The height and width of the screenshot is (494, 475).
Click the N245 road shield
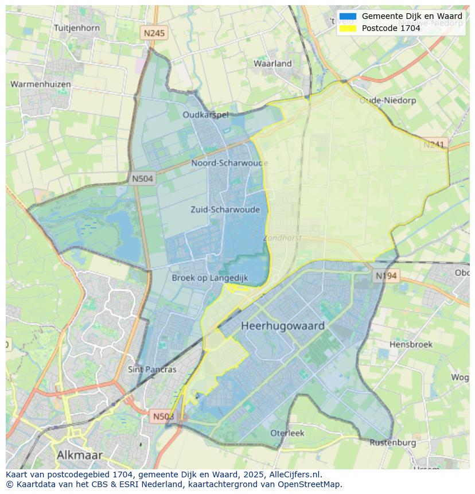(x=154, y=33)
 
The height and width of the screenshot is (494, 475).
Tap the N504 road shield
(x=142, y=178)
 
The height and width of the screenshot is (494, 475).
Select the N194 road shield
(x=386, y=276)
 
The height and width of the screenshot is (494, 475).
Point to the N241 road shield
(x=434, y=145)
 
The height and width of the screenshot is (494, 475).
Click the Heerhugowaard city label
(x=283, y=326)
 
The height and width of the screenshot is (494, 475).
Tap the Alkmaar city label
(x=80, y=455)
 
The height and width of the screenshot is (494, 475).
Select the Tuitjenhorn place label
(x=76, y=28)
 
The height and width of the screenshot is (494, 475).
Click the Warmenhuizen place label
(x=41, y=84)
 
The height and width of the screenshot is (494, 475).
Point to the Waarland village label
(x=272, y=64)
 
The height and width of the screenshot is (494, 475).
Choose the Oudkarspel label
(x=205, y=115)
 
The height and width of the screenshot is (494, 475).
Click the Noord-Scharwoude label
(x=229, y=163)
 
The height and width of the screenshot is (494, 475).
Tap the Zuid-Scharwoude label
(x=225, y=209)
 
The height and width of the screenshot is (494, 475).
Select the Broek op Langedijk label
(x=210, y=278)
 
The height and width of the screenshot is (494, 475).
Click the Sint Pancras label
(x=152, y=369)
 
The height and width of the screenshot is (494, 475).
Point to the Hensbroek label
(x=411, y=344)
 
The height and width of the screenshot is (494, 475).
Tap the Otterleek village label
(x=287, y=433)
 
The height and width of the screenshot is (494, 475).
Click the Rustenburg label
(x=392, y=442)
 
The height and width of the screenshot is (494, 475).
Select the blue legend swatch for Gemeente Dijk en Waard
(x=348, y=17)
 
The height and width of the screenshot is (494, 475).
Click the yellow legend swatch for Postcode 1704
(x=348, y=28)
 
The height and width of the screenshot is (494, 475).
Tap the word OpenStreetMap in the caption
(x=310, y=484)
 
